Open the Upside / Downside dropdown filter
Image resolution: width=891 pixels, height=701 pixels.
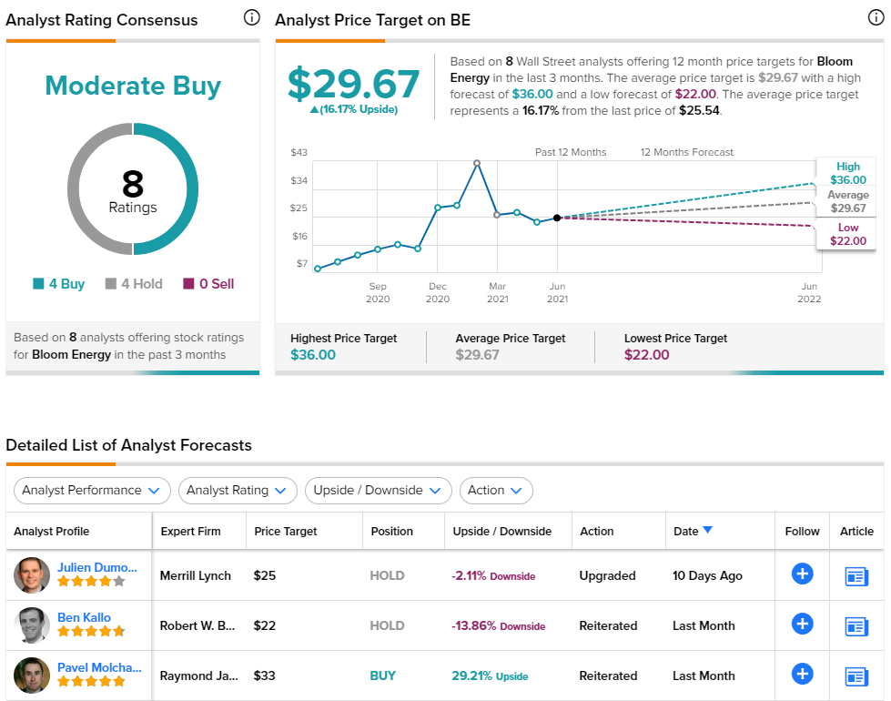(378, 490)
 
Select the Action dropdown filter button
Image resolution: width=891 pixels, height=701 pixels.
(496, 490)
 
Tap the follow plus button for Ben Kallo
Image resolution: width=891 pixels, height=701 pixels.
(802, 624)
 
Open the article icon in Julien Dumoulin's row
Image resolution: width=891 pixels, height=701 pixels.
(856, 576)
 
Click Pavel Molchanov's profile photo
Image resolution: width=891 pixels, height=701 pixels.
(32, 676)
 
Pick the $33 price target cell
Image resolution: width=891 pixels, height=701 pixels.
(264, 676)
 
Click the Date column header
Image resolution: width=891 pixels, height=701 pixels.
(693, 531)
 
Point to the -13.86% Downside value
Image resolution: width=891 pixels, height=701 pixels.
(499, 626)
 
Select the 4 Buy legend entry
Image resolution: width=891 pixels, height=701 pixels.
(58, 284)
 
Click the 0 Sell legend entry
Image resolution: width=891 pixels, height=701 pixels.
(208, 284)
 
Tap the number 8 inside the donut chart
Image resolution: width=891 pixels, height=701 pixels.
(133, 184)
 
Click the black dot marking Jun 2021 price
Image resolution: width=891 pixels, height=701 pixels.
(557, 218)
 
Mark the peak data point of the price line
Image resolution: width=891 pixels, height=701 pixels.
(477, 163)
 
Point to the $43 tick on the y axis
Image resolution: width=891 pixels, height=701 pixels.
(299, 152)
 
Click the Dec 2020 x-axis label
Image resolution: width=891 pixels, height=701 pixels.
(438, 292)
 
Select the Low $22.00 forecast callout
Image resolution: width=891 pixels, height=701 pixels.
(848, 234)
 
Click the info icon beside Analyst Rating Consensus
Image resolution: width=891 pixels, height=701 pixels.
(252, 18)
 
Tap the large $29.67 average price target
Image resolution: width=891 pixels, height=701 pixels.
(353, 84)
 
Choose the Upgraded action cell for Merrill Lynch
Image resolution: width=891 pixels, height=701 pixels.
(607, 575)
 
